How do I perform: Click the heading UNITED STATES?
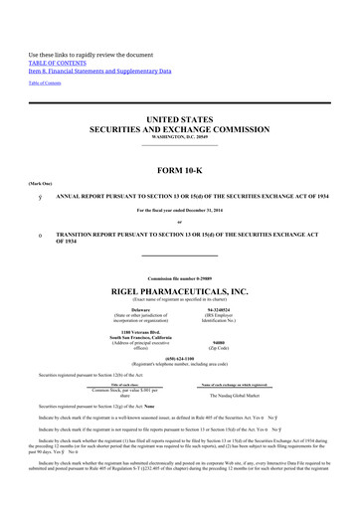point(179,118)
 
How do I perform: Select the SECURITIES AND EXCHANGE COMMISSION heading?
point(179,129)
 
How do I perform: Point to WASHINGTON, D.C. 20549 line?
point(179,137)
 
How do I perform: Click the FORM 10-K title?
point(179,168)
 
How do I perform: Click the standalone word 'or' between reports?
point(179,221)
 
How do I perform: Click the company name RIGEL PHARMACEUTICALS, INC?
point(179,292)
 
